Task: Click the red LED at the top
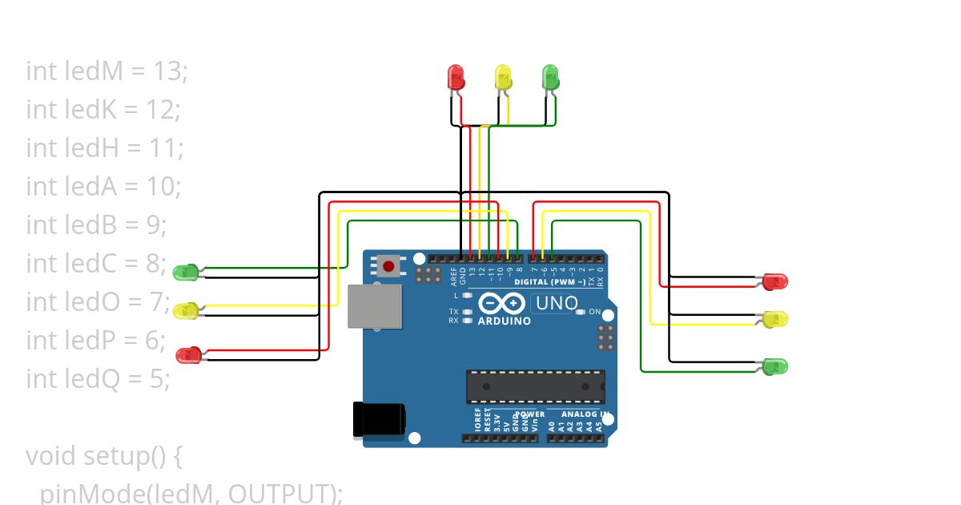(x=456, y=78)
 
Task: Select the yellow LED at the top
(x=503, y=78)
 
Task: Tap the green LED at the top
(x=551, y=77)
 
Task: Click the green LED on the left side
(x=187, y=273)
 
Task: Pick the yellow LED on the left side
(x=187, y=310)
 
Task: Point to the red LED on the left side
(x=189, y=354)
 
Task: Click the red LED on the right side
(x=774, y=281)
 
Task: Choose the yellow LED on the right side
(x=774, y=319)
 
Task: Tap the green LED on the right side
(x=774, y=366)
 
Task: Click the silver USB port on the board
(x=374, y=306)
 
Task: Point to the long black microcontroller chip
(x=536, y=386)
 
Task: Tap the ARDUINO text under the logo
(x=505, y=321)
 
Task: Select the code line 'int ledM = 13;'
(x=107, y=71)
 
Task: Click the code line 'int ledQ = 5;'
(x=98, y=378)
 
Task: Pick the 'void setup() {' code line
(x=105, y=456)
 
